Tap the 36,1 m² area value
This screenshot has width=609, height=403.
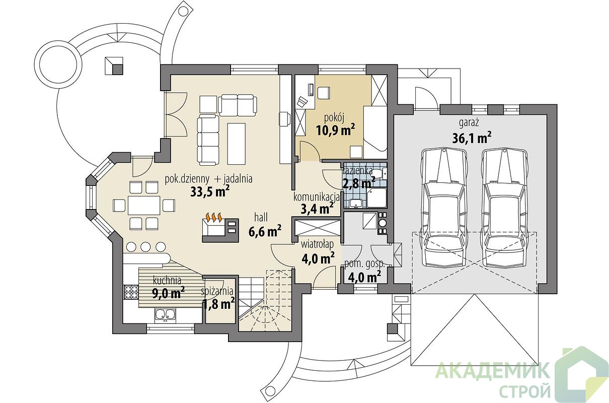tap(472, 139)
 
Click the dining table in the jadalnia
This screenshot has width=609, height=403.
tap(144, 205)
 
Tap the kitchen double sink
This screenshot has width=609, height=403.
tap(165, 314)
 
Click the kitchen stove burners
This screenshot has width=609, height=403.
tap(131, 292)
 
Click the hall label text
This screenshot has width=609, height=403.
tap(261, 218)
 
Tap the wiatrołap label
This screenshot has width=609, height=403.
tap(317, 245)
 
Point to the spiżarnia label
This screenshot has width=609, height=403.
tap(217, 292)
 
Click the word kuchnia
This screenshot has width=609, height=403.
tap(167, 280)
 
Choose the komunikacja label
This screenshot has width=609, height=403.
tap(317, 197)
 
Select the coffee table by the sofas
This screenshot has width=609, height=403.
tap(237, 144)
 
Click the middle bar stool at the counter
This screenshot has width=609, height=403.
tap(145, 247)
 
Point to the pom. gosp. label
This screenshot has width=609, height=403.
tap(364, 264)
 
